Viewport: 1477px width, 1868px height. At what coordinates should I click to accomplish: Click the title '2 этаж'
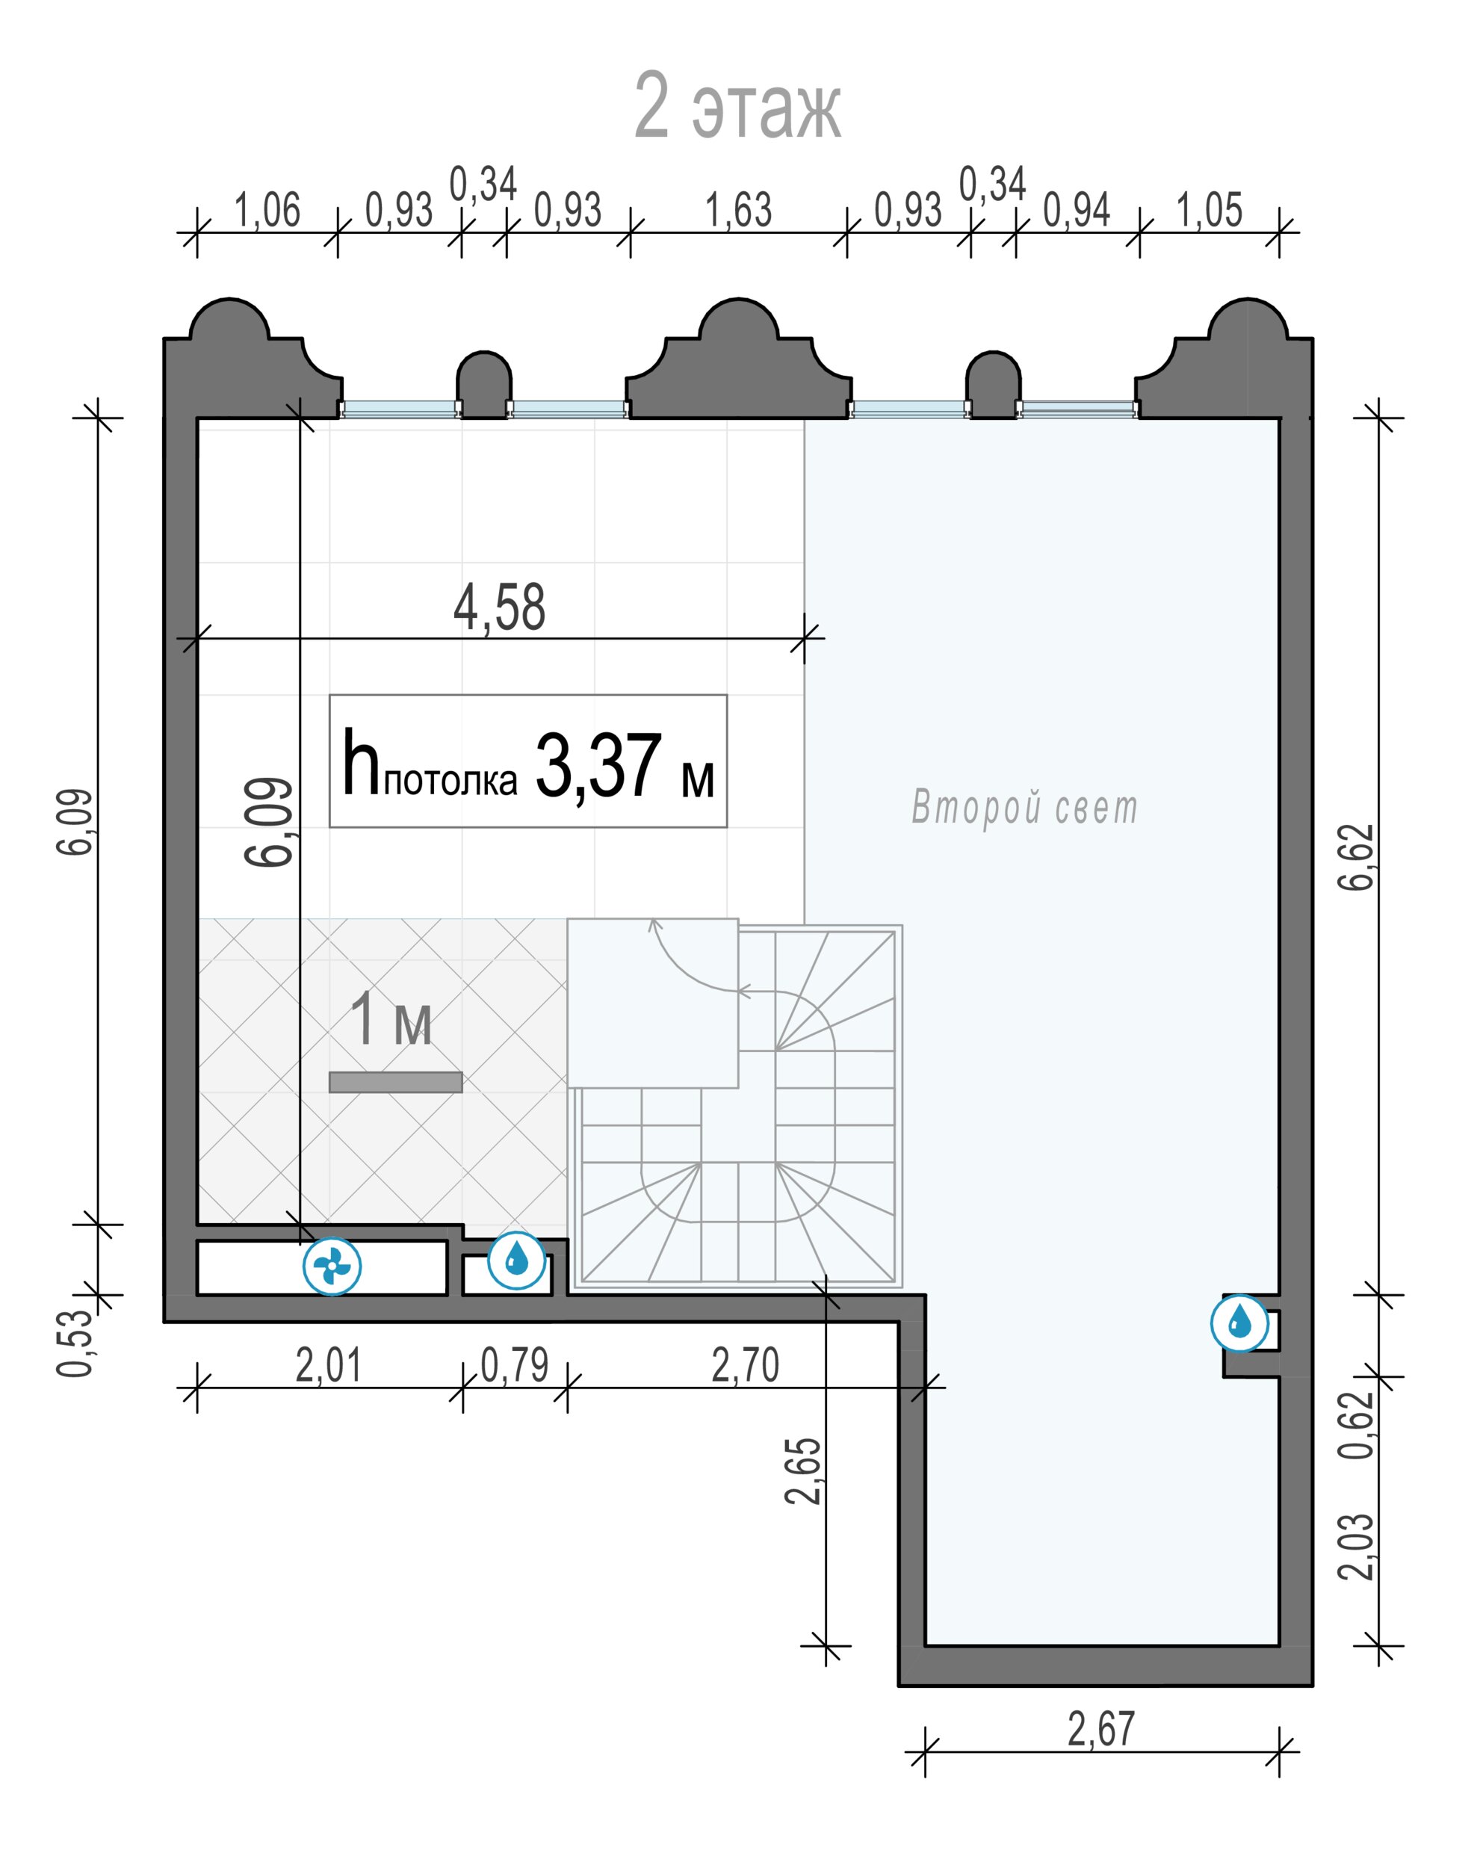(737, 106)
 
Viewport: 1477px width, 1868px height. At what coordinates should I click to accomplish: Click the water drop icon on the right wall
(1240, 1323)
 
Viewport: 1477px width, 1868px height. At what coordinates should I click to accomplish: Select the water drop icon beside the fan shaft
(516, 1261)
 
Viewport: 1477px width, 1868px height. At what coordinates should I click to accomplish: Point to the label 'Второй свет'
(1025, 808)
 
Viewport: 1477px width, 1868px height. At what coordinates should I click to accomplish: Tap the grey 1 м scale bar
(395, 1082)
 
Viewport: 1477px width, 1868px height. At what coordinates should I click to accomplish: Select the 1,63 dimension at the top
(740, 210)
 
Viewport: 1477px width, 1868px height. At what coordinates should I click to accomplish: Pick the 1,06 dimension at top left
(267, 210)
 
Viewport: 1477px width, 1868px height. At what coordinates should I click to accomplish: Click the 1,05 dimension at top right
(1209, 210)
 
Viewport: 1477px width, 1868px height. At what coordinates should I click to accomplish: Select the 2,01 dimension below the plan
(329, 1366)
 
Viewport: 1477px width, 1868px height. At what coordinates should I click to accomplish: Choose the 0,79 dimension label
(515, 1366)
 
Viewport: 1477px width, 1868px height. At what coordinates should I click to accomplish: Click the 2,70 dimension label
(746, 1366)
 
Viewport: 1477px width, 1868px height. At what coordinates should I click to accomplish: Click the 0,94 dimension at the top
(1077, 210)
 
